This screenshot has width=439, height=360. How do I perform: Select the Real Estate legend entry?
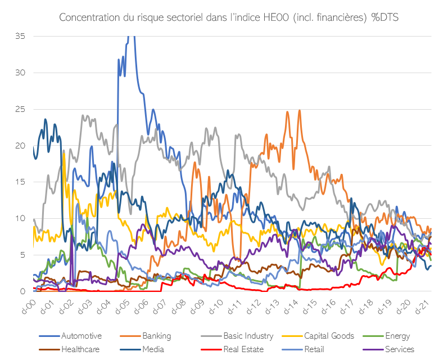tap(243, 349)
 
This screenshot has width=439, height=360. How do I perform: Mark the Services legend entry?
tap(400, 349)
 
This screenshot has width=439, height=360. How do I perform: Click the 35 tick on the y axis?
tap(21, 36)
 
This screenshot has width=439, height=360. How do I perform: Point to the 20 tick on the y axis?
tap(21, 146)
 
